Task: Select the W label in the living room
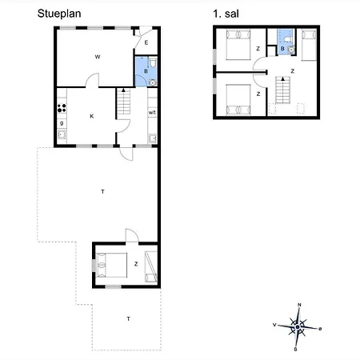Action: coord(97,57)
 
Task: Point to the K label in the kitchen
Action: coord(92,117)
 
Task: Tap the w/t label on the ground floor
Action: coord(152,113)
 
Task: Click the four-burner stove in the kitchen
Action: coord(61,109)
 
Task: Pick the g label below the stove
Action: coord(62,122)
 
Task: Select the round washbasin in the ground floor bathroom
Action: coord(150,80)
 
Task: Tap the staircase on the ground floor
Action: coord(124,102)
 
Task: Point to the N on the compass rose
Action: coord(298,305)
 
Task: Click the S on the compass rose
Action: coord(296,349)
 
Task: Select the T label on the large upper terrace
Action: coord(102,192)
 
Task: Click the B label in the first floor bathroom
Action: coord(282,49)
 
